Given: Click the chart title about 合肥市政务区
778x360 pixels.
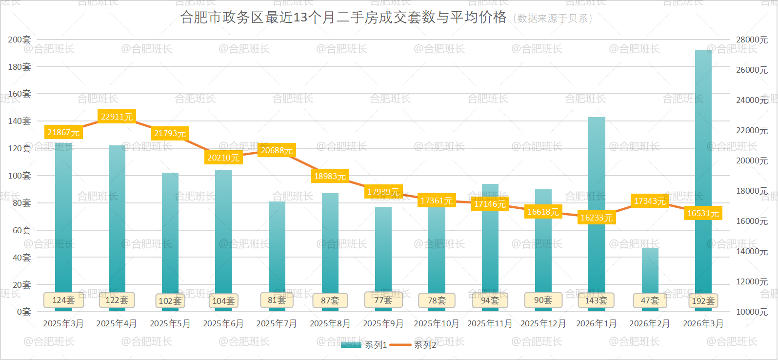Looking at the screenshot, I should [x=343, y=18].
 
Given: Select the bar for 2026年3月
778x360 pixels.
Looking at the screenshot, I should [x=703, y=171].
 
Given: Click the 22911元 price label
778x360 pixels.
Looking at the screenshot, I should [x=117, y=117].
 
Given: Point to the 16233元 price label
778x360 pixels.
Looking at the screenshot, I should [x=596, y=218].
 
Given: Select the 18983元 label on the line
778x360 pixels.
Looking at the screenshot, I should [x=330, y=176].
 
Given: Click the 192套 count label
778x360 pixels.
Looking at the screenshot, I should [x=703, y=301].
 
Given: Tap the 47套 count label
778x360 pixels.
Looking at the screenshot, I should [x=650, y=300].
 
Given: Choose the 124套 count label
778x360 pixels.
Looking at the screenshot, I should [x=63, y=300].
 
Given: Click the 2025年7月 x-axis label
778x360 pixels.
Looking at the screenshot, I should [x=277, y=323].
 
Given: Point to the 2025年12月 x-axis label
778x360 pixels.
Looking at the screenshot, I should [x=543, y=323].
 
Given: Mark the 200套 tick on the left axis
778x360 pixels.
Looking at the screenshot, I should [x=20, y=40].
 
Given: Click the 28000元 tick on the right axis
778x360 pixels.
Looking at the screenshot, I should [x=752, y=40].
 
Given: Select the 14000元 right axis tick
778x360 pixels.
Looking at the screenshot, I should [x=752, y=251].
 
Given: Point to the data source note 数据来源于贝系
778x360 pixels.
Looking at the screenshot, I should [x=553, y=19].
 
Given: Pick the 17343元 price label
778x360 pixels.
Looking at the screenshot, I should [x=649, y=201].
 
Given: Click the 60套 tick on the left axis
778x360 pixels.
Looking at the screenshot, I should [x=22, y=230].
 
